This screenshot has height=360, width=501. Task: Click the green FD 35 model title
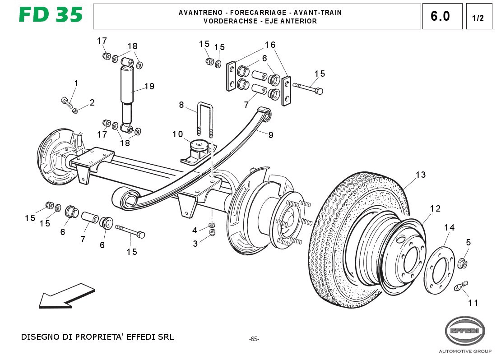51,15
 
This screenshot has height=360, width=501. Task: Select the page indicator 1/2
478,18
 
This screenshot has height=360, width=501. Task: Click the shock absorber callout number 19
149,87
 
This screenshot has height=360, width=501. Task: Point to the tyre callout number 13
421,175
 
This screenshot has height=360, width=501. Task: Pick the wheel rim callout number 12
435,209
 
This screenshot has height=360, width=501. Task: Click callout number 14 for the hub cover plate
449,228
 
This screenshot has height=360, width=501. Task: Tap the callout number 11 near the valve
473,303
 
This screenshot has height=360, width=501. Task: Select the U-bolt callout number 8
181,105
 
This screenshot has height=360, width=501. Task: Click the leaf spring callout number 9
271,134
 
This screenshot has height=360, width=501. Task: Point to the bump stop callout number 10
177,134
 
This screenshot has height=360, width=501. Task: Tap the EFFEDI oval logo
465,331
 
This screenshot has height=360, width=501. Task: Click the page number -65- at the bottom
254,339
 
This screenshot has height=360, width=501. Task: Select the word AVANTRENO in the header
198,13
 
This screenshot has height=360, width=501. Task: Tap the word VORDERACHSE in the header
226,21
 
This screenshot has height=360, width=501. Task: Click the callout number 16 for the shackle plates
270,45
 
